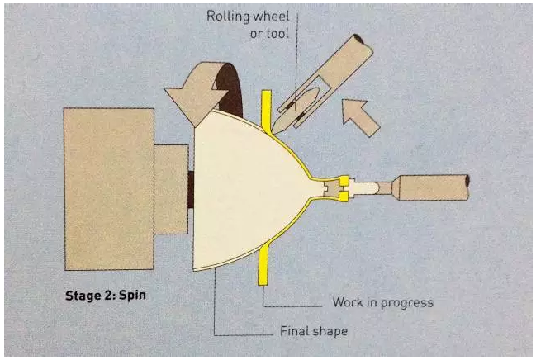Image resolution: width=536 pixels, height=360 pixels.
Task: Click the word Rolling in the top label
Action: click(225, 17)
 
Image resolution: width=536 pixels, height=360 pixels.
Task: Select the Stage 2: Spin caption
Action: click(106, 296)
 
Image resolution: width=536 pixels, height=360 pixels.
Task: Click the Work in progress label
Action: click(383, 302)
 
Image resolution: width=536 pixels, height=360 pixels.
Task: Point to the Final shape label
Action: click(314, 331)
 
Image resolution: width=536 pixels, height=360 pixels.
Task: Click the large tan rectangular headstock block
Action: click(109, 189)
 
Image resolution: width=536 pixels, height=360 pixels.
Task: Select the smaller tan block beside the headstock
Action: click(171, 189)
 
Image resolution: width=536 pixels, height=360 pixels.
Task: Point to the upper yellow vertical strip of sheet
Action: click(266, 111)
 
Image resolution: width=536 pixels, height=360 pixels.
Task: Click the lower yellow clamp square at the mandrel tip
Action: click(344, 197)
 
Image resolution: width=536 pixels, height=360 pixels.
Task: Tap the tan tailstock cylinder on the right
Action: click(433, 187)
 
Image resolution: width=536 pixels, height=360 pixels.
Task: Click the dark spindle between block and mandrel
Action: click(191, 190)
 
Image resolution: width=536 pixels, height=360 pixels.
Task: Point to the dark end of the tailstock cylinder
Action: click(467, 187)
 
